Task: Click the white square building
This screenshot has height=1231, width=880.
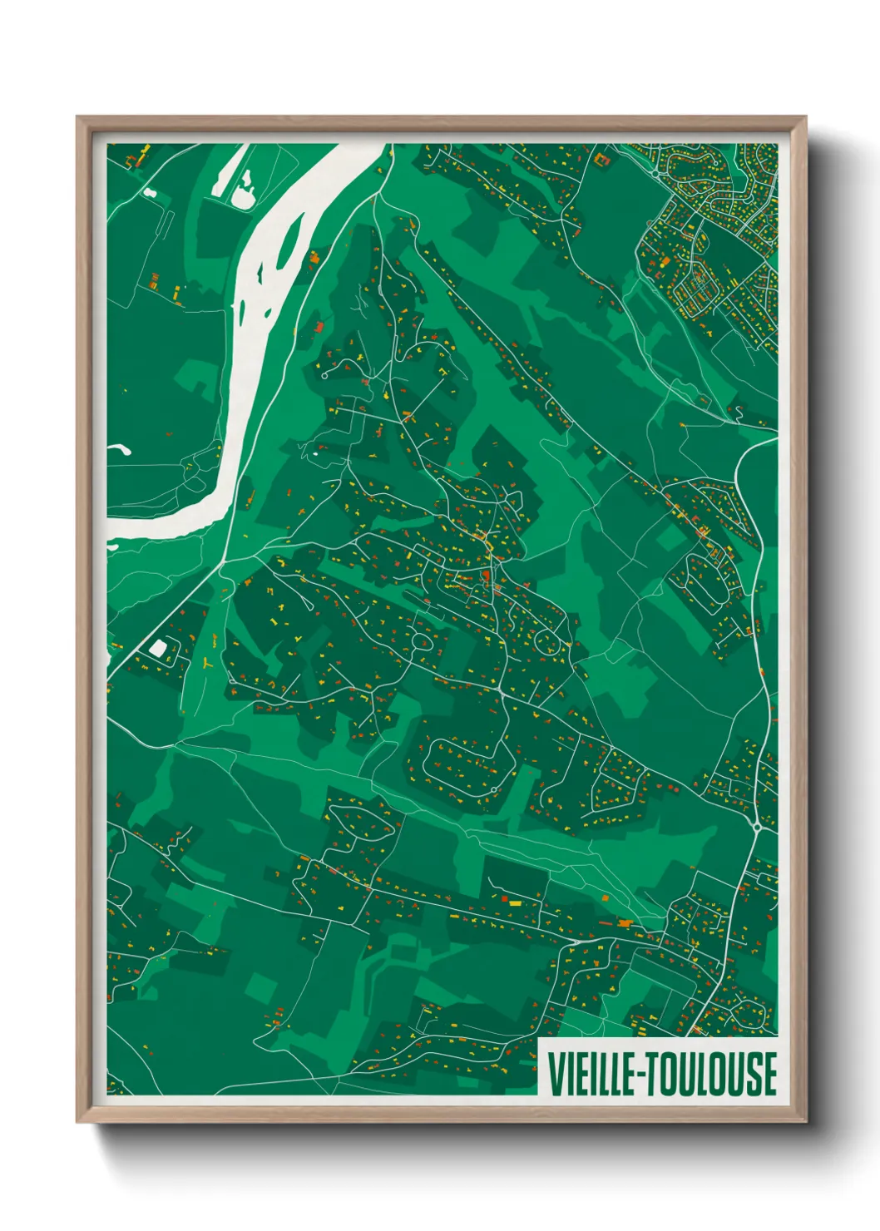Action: [157, 648]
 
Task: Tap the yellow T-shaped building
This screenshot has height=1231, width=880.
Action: [205, 663]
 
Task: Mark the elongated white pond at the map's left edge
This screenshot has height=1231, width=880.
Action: [118, 450]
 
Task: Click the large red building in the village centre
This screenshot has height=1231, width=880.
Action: [486, 575]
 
